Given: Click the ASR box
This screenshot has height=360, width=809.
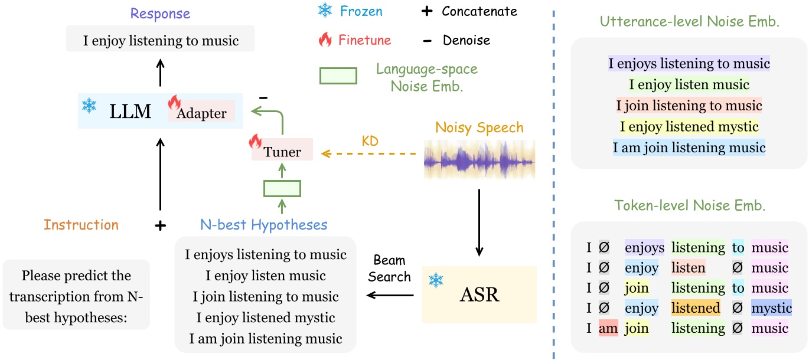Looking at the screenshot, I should [479, 294].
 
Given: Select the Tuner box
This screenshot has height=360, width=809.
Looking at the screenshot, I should [282, 152].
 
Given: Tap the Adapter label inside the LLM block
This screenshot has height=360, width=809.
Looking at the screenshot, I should [201, 113].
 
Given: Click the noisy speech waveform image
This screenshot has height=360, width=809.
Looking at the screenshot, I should [479, 160].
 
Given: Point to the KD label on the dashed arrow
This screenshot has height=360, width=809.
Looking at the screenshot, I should [370, 142].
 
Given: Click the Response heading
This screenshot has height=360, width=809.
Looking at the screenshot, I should [160, 14].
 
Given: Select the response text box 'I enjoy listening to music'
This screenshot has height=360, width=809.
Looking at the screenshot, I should [160, 41].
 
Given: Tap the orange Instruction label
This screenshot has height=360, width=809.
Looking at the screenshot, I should [81, 225].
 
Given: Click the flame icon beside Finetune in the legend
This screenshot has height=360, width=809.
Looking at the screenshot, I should [325, 40].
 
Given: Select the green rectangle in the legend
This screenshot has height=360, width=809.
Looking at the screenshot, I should [338, 76].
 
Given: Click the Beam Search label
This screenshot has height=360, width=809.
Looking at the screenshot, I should [390, 269].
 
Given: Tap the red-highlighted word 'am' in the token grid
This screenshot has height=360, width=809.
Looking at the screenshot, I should [608, 328].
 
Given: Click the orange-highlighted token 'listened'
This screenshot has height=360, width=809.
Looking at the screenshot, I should [695, 307].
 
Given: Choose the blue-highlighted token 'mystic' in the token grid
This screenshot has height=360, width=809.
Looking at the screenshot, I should [771, 307].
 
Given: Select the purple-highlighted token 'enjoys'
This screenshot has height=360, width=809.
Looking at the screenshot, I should [644, 247].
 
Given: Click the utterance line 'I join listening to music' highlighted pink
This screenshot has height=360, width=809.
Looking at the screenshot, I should [689, 106].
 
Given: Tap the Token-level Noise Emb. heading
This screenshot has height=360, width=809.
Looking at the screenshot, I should [689, 206].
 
